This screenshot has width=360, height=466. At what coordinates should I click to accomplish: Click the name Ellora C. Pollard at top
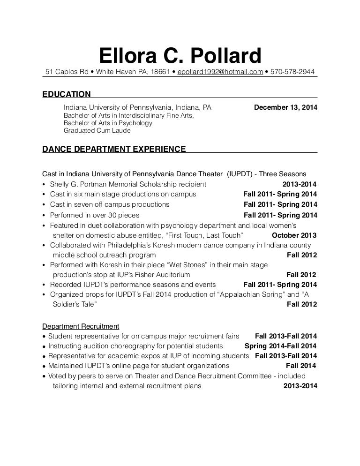(180, 56)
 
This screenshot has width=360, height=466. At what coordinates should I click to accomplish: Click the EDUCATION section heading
(66, 94)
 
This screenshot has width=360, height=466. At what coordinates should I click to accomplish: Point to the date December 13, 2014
(285, 107)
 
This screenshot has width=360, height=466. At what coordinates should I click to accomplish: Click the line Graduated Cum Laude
(97, 131)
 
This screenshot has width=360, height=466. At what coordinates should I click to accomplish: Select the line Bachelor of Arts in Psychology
(108, 123)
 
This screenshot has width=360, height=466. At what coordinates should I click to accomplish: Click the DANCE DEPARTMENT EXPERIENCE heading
(114, 150)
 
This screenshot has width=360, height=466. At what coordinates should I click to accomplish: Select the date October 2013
(294, 235)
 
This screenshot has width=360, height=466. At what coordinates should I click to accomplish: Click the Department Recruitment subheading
(81, 326)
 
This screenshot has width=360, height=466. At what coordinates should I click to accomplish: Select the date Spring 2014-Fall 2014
(281, 346)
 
